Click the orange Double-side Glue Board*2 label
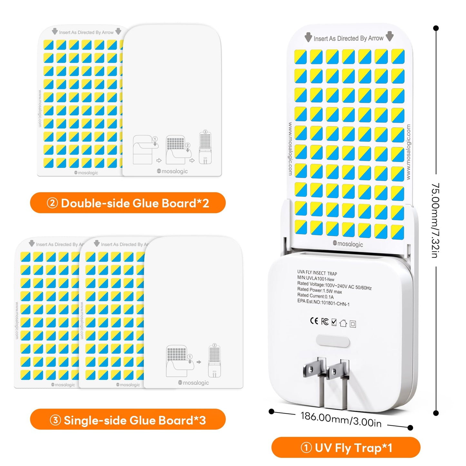[x=128, y=203]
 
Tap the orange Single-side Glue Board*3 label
[x=128, y=420]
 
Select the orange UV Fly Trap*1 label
[x=346, y=448]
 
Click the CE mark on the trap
[x=314, y=321]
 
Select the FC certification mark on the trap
[x=325, y=322]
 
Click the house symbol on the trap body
[x=343, y=323]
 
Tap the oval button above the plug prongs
[x=333, y=341]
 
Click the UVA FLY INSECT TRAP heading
[x=317, y=273]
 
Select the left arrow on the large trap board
[x=308, y=37]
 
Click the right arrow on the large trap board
[x=390, y=36]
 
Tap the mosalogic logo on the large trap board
[x=348, y=244]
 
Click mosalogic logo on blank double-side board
[x=172, y=171]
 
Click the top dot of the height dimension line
[x=436, y=28]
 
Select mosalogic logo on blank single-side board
[x=193, y=383]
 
